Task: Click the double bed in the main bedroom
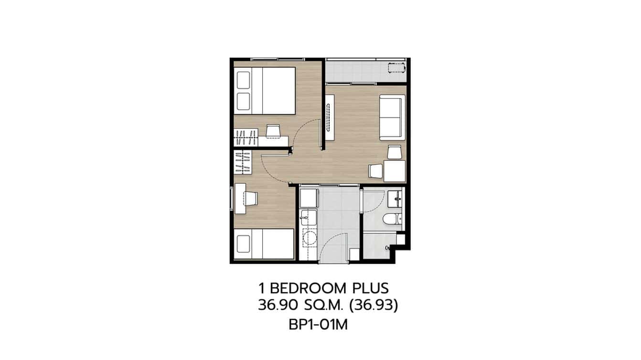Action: pyautogui.click(x=266, y=91)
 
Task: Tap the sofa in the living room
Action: pyautogui.click(x=392, y=117)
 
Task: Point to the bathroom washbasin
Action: pyautogui.click(x=395, y=198)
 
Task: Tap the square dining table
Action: pyautogui.click(x=395, y=171)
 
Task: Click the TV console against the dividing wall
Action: pyautogui.click(x=329, y=117)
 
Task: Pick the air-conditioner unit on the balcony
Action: pyautogui.click(x=396, y=68)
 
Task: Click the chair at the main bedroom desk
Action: pyautogui.click(x=273, y=131)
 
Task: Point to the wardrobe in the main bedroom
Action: pyautogui.click(x=246, y=138)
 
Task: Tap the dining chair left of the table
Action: pyautogui.click(x=376, y=171)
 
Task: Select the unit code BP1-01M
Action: pyautogui.click(x=318, y=325)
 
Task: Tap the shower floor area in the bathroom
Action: pyautogui.click(x=377, y=245)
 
